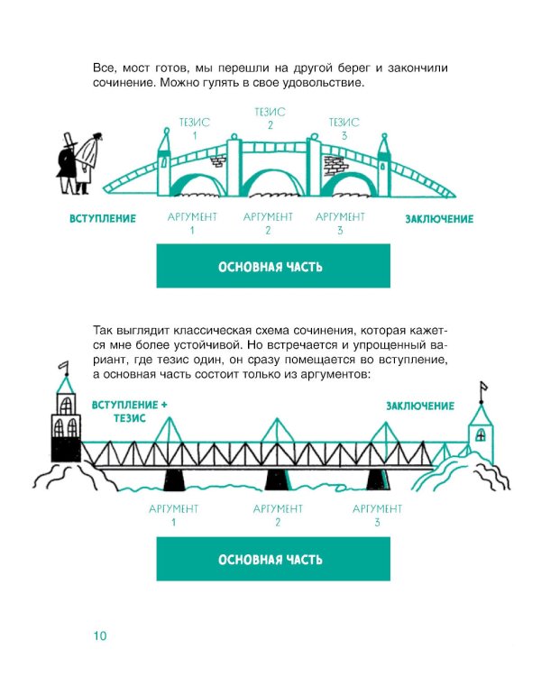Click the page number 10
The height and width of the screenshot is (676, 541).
tap(99, 636)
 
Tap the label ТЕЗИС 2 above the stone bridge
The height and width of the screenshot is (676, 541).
tap(270, 118)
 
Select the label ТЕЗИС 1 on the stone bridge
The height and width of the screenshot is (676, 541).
tap(194, 128)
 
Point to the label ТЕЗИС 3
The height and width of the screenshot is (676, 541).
tap(344, 128)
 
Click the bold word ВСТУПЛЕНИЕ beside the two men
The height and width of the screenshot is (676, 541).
tap(103, 219)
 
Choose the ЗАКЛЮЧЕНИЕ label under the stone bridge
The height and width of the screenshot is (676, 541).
tap(438, 219)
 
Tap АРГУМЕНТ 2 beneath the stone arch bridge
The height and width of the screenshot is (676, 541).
tap(268, 223)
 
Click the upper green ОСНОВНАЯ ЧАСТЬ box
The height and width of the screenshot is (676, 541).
tap(273, 266)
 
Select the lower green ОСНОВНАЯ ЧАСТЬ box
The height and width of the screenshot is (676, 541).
tap(273, 560)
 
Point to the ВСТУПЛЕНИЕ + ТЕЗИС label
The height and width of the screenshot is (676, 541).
tap(130, 412)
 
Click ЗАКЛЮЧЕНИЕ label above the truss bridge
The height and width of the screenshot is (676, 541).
tap(420, 407)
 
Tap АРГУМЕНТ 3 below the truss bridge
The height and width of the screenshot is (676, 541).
tap(377, 516)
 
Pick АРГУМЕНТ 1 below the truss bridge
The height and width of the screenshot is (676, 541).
tap(173, 516)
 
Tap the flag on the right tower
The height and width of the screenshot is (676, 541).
tap(483, 388)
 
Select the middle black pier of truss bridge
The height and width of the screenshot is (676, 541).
tap(276, 479)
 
